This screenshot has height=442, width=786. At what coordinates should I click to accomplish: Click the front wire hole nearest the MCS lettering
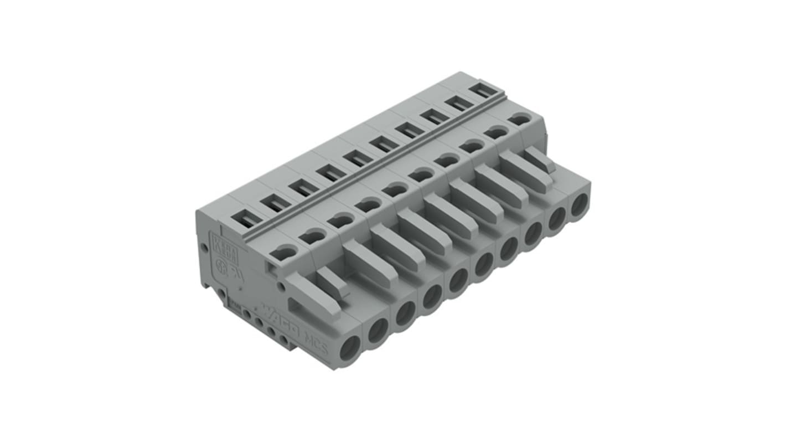tap(349, 351)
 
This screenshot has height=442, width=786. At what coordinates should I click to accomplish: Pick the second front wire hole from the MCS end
tap(378, 331)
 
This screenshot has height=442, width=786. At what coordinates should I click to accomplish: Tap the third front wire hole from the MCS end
tap(406, 313)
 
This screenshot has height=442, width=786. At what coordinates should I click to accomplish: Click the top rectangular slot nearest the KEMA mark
tap(247, 220)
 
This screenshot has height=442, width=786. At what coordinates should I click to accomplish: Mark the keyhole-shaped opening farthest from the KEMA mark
tap(519, 118)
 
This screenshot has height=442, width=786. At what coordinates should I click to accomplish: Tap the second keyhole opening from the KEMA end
tap(313, 237)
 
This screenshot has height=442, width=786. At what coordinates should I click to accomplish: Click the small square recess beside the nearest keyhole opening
tap(271, 269)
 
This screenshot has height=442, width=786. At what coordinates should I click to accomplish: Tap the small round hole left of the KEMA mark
tap(204, 247)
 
